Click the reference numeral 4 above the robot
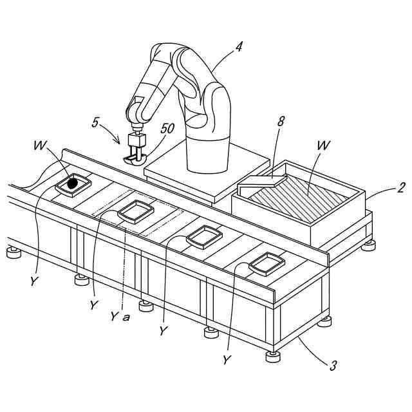tap(239, 46)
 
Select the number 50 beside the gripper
tap(167, 128)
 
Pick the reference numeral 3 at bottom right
tap(333, 366)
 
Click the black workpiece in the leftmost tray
tap(73, 183)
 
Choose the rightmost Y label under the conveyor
tap(226, 360)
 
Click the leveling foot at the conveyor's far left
tap(14, 252)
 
